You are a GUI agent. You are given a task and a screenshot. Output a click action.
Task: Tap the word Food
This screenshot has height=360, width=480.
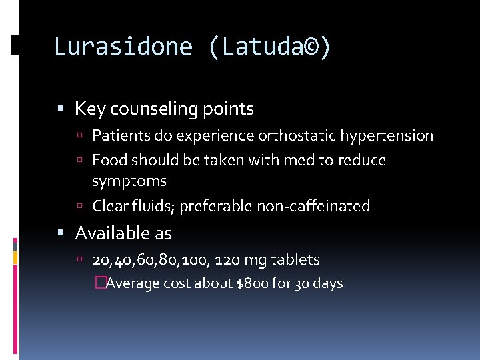point(109,160)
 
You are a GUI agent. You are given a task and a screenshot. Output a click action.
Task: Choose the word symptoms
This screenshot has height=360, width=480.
point(129,181)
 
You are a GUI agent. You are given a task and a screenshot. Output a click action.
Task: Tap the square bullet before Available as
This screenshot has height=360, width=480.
point(61,233)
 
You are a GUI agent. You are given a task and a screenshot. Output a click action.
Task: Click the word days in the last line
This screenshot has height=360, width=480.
point(327,283)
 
